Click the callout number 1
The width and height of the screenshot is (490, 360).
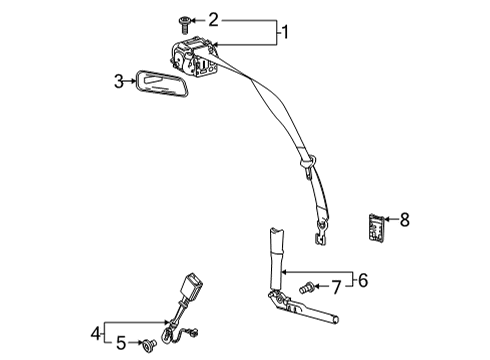(285, 32)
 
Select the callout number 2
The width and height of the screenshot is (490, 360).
(212, 18)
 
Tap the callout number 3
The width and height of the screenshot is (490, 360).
(118, 81)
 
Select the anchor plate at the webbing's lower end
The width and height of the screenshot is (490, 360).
(321, 237)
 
